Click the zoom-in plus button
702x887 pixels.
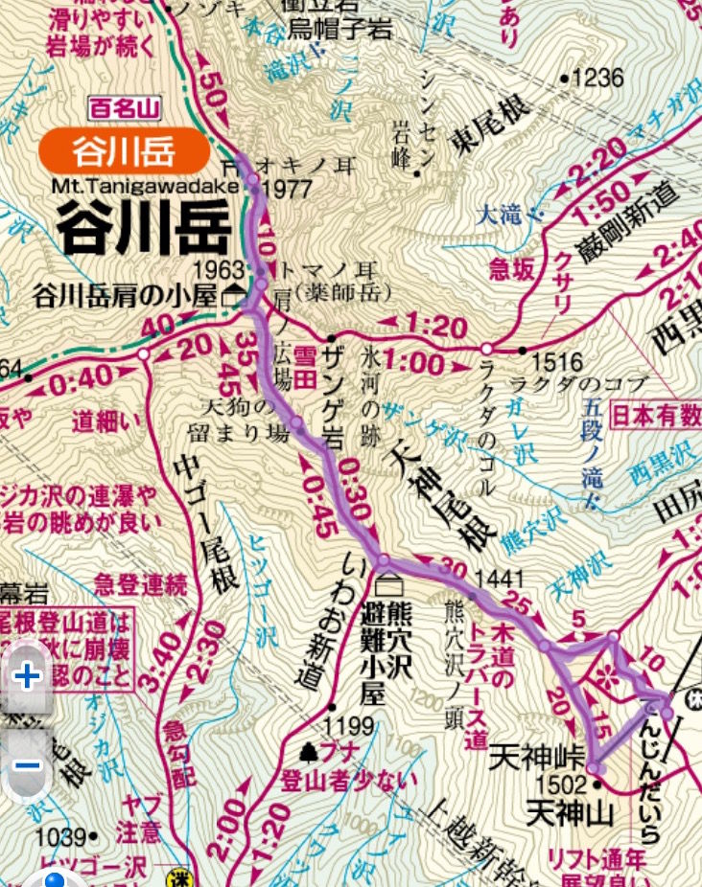click(27, 676)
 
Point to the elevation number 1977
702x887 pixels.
click(279, 188)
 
